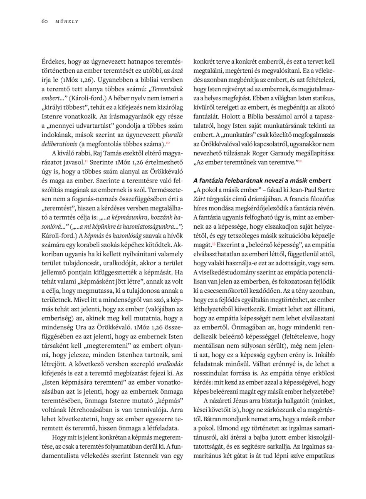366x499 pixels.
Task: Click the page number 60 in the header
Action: click(x=45, y=21)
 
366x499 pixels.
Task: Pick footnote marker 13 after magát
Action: click(x=215, y=242)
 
